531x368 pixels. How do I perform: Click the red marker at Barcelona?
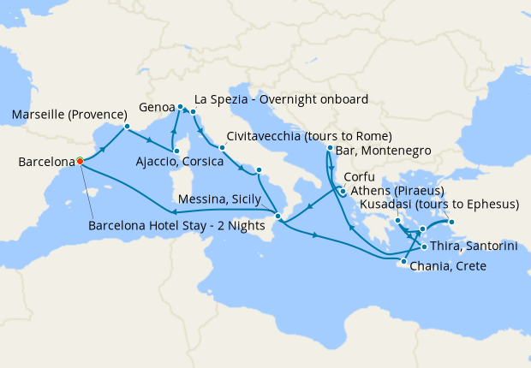point(80,160)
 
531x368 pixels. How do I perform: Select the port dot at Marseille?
point(127,128)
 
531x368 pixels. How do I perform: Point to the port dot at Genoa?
point(180,107)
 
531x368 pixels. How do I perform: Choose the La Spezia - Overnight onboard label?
point(282,98)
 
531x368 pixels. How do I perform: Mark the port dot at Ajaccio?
point(176,151)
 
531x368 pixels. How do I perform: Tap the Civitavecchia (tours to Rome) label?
point(310,137)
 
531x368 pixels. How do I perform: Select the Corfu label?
point(358,178)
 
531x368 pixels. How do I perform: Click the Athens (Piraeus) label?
point(396,192)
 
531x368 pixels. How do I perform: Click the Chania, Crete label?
point(448,266)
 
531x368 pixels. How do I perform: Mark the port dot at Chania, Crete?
point(403,261)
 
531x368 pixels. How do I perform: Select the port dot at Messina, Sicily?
point(276,215)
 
